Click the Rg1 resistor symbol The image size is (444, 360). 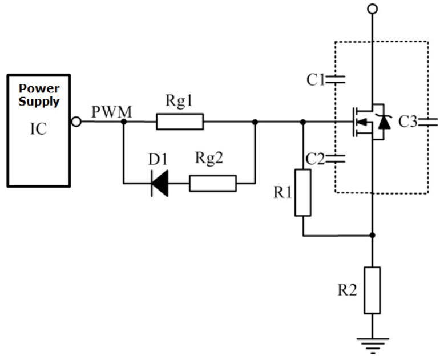click(180, 122)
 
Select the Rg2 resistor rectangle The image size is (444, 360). click(213, 183)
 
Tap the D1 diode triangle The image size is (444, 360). click(160, 183)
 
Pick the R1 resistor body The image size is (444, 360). click(303, 193)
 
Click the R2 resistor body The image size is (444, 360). click(372, 290)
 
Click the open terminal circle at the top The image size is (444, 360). click(372, 9)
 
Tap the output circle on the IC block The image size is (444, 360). click(76, 122)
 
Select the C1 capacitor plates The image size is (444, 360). click(336, 79)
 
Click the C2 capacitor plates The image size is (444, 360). click(336, 159)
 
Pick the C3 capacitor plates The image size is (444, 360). click(428, 122)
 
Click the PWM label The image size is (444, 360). click(112, 112)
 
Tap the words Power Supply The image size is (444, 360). click(39, 95)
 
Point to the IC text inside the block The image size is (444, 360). click(38, 129)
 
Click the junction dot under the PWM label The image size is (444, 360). click(123, 122)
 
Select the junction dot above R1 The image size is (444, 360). click(303, 122)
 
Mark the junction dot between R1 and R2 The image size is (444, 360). click(373, 235)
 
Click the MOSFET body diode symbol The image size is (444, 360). click(384, 122)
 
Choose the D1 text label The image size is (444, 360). click(158, 159)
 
